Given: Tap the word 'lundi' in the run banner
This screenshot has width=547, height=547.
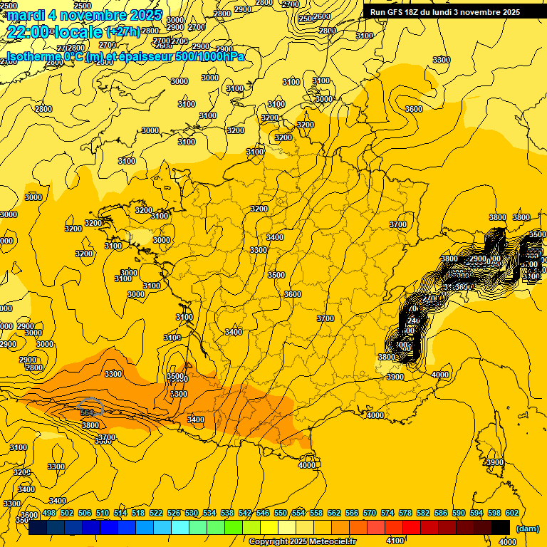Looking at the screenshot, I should tap(451, 12).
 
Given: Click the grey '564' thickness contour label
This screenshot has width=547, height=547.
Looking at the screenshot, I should tap(87, 412).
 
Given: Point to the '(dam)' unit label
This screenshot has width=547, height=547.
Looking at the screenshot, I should tap(526, 528).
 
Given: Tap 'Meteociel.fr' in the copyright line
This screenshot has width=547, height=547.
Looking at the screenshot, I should tap(330, 542).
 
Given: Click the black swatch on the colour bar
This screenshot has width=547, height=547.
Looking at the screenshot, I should tap(501, 526).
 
